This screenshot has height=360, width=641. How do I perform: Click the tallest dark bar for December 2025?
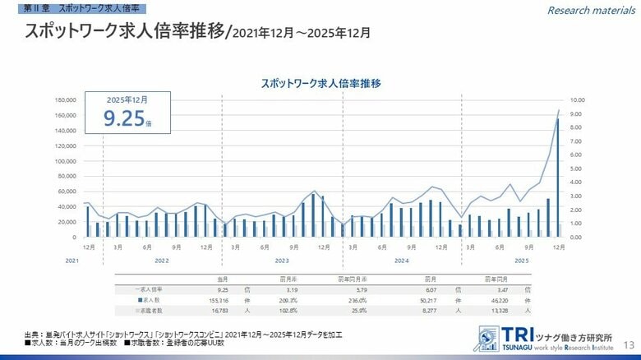pos(558,177)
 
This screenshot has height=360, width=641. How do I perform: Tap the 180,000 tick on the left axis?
pos(66,100)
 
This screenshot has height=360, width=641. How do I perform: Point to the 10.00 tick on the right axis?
pos(578,100)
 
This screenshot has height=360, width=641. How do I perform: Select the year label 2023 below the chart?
pos(282,260)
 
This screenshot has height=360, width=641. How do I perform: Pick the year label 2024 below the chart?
pos(401,260)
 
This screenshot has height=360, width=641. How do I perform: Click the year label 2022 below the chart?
pos(162,260)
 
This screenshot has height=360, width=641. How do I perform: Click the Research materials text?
pos(592,10)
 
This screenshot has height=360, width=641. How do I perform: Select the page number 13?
pos(629,344)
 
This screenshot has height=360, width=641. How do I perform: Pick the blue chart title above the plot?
pos(320,83)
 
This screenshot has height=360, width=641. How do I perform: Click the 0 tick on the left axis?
pos(74,237)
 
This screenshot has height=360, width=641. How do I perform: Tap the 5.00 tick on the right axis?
pos(576,168)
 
